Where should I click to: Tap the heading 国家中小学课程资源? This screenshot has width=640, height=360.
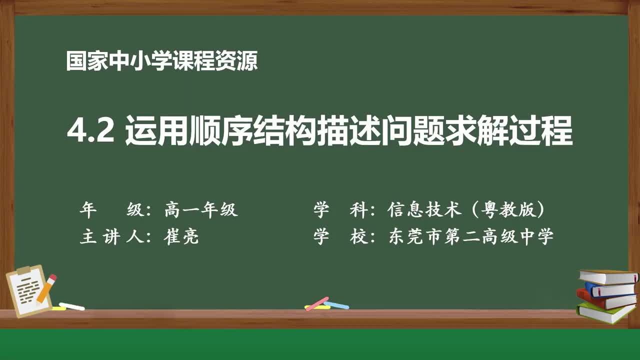161,61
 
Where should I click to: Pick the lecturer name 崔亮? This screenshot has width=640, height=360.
181,236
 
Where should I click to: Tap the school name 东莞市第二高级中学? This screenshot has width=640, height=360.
470,236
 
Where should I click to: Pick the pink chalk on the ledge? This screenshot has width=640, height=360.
316,303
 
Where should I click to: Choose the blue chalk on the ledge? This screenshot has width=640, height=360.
336,305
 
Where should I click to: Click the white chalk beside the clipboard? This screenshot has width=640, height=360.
71,306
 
